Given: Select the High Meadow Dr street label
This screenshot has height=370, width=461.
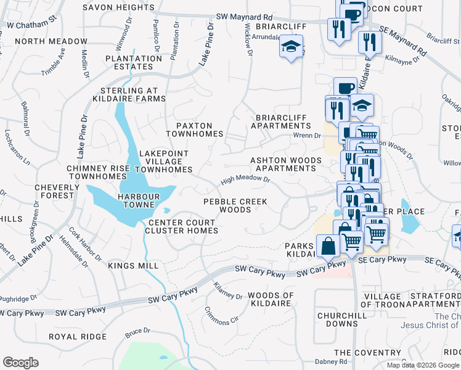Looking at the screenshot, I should click(x=246, y=181).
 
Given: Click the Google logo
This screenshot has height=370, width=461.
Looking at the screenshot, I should click(x=20, y=362).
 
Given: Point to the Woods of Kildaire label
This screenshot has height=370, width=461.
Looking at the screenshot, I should click(x=270, y=300).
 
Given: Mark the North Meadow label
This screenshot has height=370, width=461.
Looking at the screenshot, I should click(x=51, y=41).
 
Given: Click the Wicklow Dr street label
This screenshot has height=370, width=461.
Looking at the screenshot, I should click(x=249, y=41).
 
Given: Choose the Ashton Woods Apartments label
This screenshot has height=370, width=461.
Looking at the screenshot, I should click(x=285, y=164).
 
